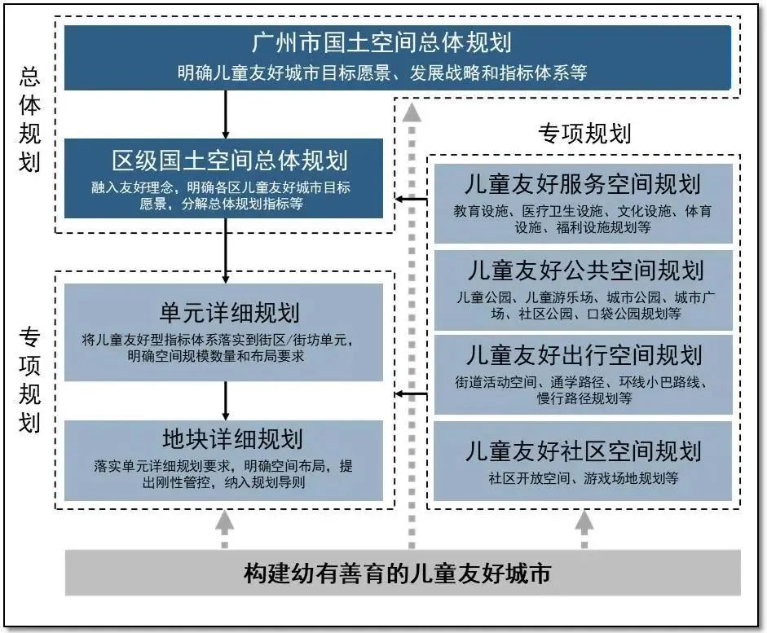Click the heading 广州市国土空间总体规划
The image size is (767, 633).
(381, 42)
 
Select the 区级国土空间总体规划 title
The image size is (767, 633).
(230, 160)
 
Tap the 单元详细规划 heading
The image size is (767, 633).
(229, 313)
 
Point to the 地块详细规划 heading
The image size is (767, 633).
(232, 439)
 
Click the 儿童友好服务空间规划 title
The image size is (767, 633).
(583, 184)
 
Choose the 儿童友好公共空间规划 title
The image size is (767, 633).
(585, 270)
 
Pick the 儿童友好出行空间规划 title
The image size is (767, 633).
(584, 355)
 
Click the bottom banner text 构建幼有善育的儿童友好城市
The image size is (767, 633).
(397, 574)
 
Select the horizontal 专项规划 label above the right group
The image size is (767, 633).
(584, 134)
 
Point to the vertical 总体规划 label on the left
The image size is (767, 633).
(29, 119)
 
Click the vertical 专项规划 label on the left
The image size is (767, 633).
(29, 380)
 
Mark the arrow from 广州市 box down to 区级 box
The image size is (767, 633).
(226, 114)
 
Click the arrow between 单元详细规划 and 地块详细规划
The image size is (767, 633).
(226, 401)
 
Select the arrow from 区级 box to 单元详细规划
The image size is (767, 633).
(226, 251)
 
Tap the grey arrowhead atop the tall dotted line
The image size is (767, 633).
(412, 112)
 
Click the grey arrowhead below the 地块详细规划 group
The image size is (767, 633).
(224, 521)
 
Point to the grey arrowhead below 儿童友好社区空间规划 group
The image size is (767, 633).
(584, 521)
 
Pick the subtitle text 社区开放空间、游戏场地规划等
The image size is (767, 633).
(583, 478)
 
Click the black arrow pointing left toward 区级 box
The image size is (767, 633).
(412, 199)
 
